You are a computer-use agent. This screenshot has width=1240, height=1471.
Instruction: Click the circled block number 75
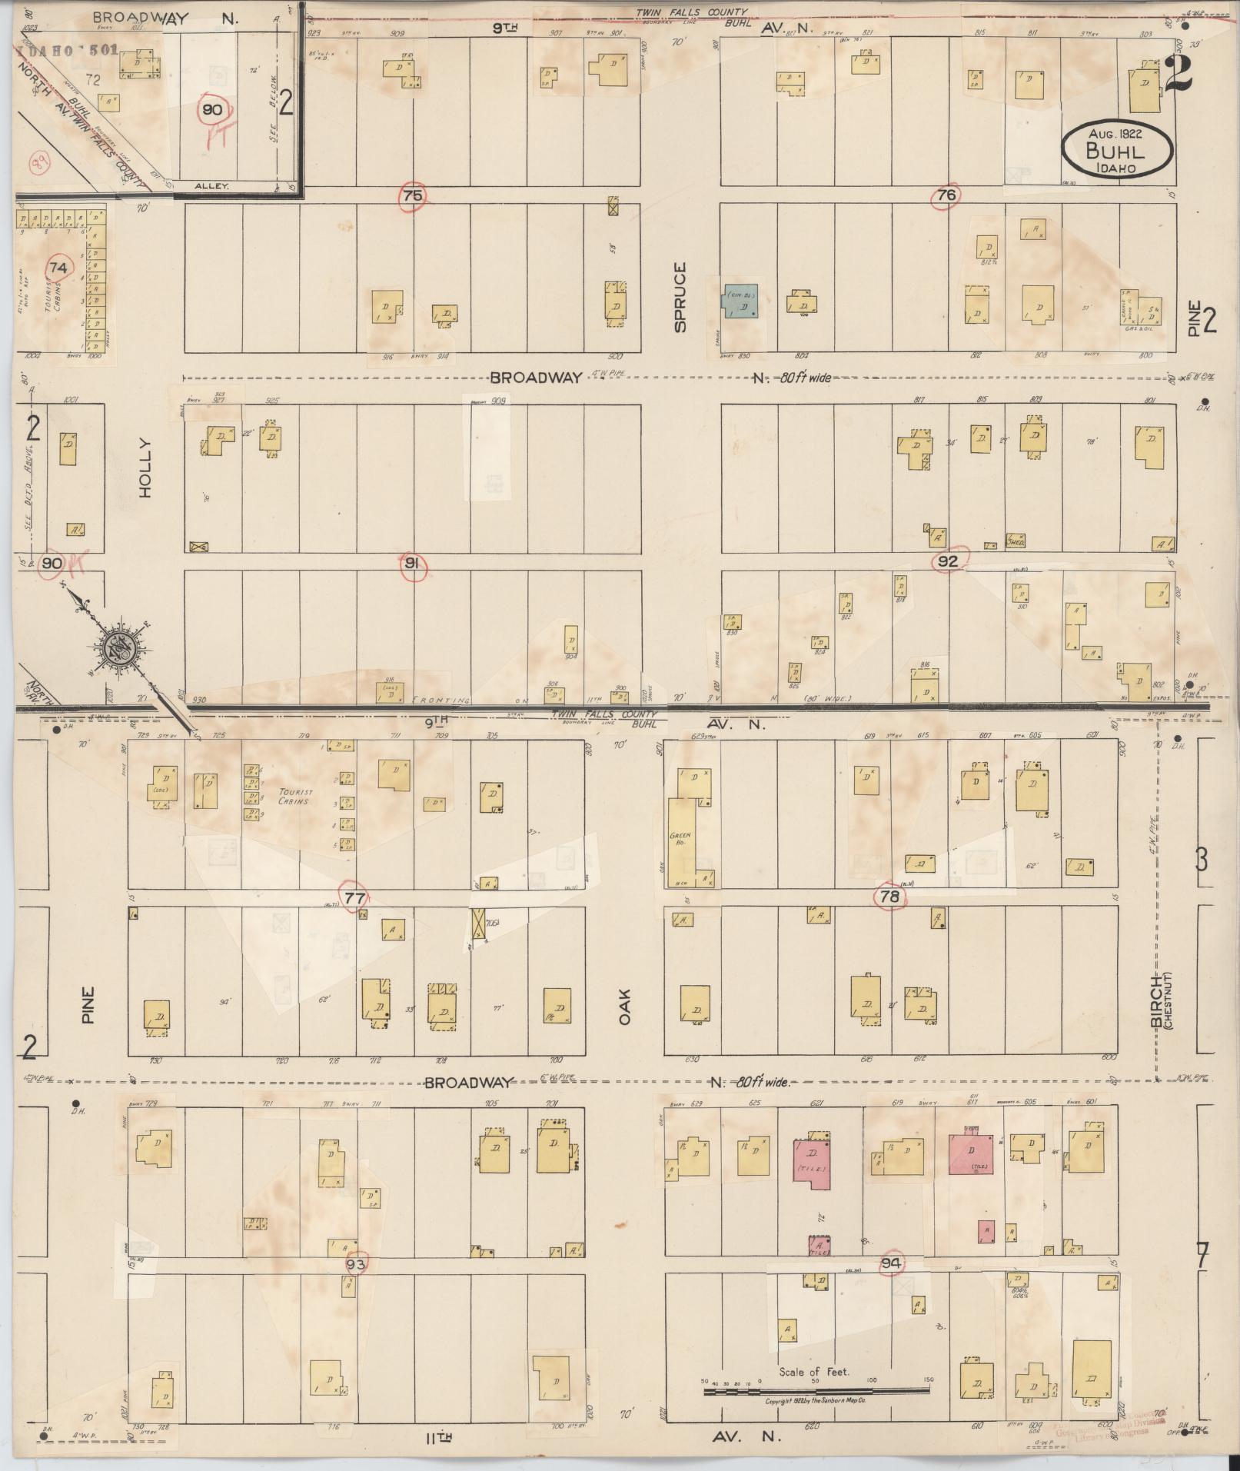pos(413,195)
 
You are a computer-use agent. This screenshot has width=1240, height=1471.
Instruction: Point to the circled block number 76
pos(946,195)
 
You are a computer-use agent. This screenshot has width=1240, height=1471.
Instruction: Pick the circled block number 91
pos(413,564)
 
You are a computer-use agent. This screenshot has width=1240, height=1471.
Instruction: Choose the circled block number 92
pos(948,562)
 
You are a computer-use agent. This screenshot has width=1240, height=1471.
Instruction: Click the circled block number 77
pos(354,897)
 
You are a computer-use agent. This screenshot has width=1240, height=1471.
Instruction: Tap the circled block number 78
pos(889,897)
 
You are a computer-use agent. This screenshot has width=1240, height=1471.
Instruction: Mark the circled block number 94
pos(891,1263)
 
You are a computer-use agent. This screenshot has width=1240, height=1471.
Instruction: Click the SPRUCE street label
pos(680,298)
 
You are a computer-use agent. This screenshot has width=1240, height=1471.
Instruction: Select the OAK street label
pos(624,1005)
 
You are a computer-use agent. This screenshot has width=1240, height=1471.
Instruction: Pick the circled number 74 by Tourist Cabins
pos(58,268)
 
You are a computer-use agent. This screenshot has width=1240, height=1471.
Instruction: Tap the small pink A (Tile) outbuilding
pos(819,1246)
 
